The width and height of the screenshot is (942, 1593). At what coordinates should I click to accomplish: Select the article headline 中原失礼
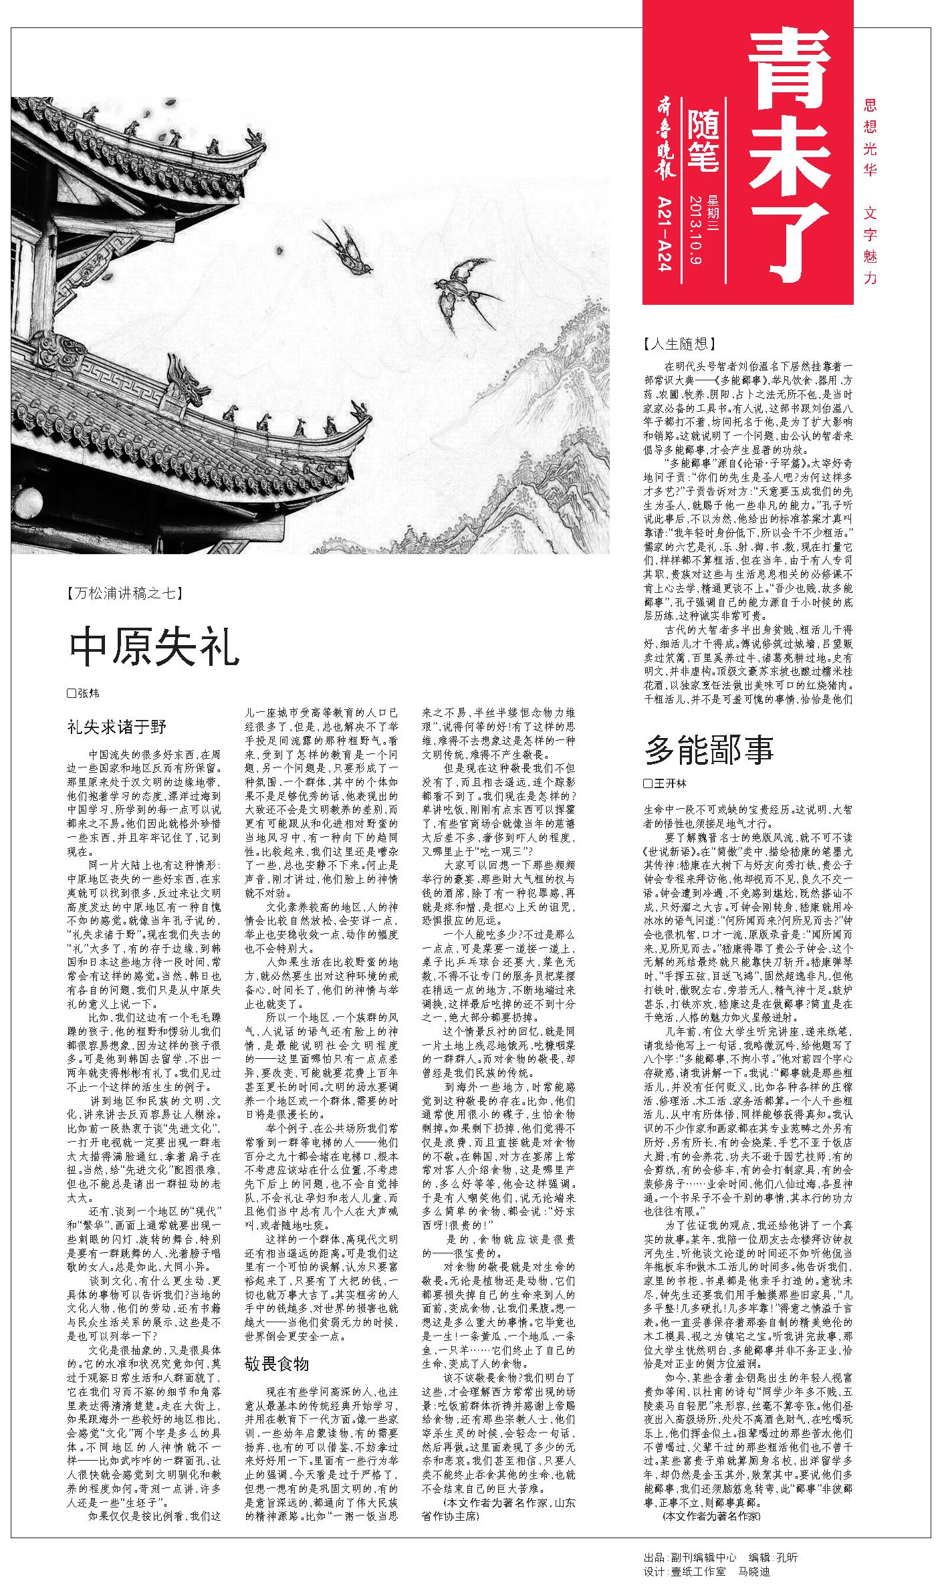point(154,648)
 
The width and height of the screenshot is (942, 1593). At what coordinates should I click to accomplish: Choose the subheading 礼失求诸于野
point(116,727)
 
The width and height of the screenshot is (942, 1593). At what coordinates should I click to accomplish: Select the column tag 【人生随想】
point(678,344)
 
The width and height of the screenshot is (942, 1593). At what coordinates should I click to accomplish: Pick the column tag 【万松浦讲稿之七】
point(124,592)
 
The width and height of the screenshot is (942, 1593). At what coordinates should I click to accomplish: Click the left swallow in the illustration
point(344,247)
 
